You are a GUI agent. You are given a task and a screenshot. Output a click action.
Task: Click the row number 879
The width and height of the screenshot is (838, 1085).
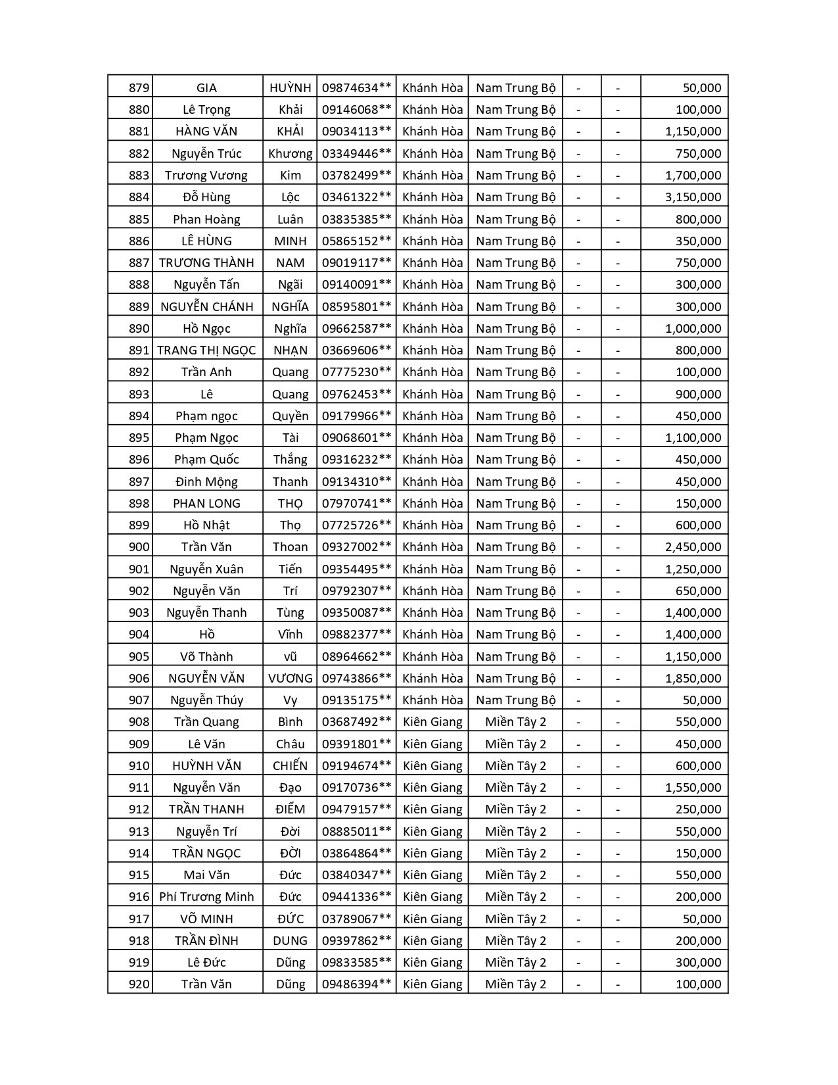139,88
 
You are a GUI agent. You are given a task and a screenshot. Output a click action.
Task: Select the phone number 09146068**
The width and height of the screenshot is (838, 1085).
356,110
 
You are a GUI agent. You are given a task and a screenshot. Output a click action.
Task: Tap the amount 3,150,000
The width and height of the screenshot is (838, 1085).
693,197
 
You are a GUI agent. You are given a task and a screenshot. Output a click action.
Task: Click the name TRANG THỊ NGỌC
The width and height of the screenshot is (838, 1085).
206,350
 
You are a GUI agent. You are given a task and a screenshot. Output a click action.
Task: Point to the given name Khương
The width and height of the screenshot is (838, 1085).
290,154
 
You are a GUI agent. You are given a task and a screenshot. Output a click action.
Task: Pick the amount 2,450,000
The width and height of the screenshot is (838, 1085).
693,547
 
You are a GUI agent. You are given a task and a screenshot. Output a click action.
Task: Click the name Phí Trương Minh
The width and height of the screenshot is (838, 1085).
206,897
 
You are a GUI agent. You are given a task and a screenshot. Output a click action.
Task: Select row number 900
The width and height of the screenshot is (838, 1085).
139,547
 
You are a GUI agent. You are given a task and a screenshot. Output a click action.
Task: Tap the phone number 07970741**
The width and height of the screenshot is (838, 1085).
356,504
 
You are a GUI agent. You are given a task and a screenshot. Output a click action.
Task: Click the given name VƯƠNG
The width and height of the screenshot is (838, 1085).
290,679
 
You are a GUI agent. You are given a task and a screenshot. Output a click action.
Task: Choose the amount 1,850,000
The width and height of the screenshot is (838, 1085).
693,679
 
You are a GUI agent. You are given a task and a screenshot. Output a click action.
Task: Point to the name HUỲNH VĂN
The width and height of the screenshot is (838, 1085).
206,766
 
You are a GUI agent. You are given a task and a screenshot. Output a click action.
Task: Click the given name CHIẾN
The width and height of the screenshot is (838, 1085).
290,766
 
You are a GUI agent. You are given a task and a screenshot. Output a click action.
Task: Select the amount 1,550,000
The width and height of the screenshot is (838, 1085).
693,788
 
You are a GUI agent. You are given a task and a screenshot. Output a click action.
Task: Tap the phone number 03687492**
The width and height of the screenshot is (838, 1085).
356,722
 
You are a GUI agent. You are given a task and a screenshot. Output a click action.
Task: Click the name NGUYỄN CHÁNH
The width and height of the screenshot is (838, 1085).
206,307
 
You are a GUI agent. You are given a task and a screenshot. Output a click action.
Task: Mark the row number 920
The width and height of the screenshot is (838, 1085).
139,984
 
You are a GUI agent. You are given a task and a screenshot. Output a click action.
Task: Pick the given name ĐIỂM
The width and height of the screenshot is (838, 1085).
290,809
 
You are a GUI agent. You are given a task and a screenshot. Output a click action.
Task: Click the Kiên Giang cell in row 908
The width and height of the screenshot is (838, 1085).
432,722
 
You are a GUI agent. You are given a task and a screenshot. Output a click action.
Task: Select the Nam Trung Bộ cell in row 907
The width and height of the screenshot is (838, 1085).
515,700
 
